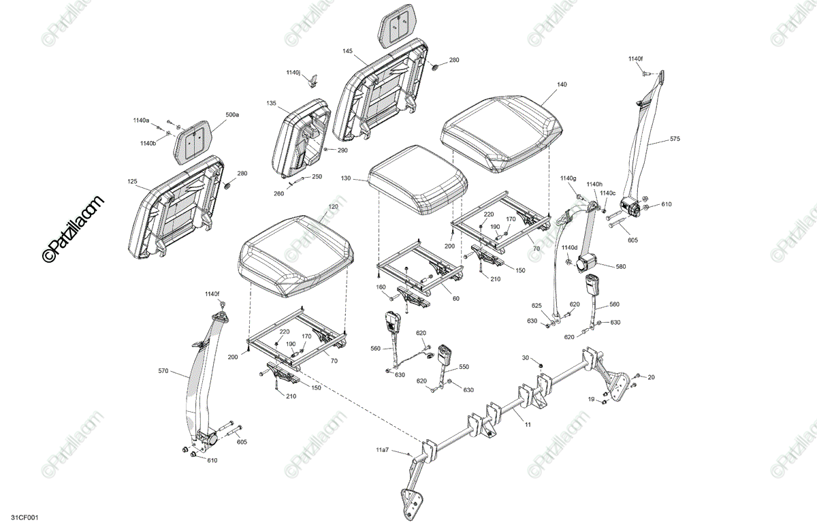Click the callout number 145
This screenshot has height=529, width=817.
click(347, 51)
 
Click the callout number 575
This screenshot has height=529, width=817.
click(675, 139)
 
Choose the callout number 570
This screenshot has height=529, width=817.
click(163, 371)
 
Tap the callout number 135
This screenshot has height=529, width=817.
click(272, 103)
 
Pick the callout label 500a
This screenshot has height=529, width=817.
click(232, 115)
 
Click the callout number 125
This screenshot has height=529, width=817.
click(132, 182)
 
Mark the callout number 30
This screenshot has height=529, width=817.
click(525, 357)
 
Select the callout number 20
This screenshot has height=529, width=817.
click(652, 376)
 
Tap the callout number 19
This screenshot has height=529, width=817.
click(591, 399)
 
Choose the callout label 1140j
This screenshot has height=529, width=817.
click(293, 72)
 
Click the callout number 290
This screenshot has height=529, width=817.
click(342, 150)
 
